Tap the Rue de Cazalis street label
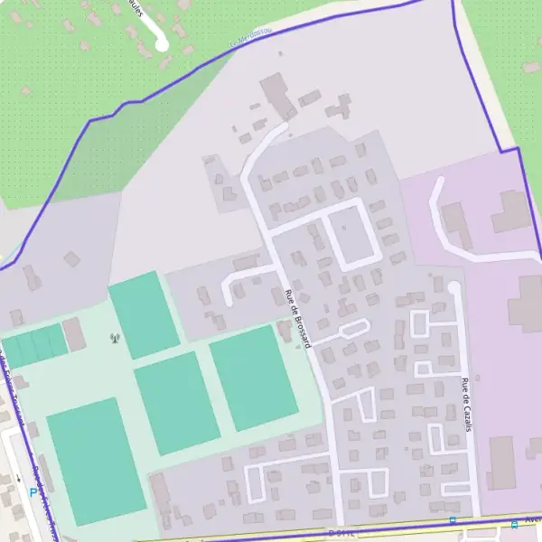467,404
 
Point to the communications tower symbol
115,340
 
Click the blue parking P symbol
33,493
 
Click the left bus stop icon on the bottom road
453,520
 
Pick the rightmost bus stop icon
514,524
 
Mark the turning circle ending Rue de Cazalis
453,287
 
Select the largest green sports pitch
95,461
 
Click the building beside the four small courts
75,334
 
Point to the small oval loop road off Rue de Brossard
352,328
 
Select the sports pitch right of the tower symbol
144,313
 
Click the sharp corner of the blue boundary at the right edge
519,148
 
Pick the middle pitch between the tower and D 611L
176,402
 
